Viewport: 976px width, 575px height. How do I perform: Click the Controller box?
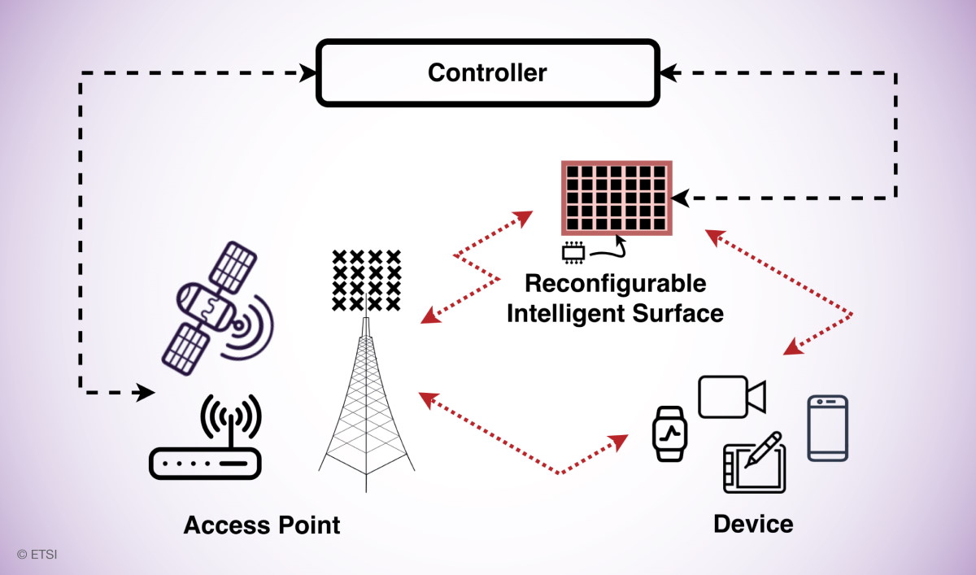[486, 73]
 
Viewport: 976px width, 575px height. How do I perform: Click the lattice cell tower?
[366, 407]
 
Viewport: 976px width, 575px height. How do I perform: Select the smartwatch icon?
[669, 431]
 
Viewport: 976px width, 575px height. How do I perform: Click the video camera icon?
[732, 397]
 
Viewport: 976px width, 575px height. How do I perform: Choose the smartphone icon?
[827, 428]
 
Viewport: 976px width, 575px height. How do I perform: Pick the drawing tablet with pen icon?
[755, 464]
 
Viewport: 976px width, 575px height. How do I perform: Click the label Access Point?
[261, 525]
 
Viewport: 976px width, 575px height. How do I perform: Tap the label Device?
[752, 523]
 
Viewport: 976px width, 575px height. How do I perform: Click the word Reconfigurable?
[615, 284]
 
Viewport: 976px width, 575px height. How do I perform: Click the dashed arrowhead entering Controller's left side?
[308, 73]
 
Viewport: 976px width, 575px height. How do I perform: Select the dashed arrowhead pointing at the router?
[145, 393]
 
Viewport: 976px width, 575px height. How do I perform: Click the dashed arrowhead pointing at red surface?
[680, 198]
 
